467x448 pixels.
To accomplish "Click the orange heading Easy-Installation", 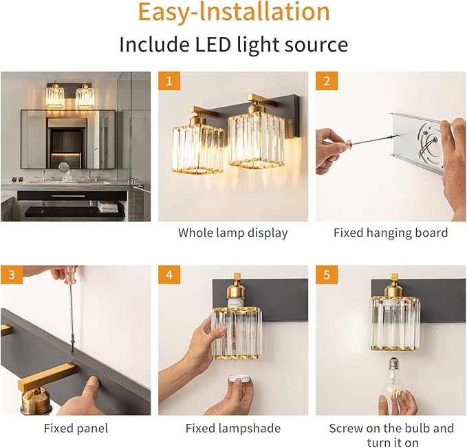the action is (234, 12).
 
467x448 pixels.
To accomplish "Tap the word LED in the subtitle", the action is (213, 45).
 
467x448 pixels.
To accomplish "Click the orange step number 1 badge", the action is (169, 81).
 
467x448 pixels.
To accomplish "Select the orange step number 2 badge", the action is (327, 81).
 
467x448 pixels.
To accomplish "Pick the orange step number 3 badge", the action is (12, 275).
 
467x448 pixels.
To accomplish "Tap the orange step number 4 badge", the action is (169, 275).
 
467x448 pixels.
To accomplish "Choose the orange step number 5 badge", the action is (327, 275).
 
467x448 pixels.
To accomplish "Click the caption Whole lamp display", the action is (233, 233).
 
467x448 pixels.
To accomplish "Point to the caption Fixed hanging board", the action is (391, 233).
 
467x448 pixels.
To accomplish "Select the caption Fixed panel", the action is (76, 428).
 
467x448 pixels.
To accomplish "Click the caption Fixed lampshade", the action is (233, 428).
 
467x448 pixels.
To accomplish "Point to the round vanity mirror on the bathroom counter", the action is (63, 167).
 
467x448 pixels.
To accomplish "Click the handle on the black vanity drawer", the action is (68, 196).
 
